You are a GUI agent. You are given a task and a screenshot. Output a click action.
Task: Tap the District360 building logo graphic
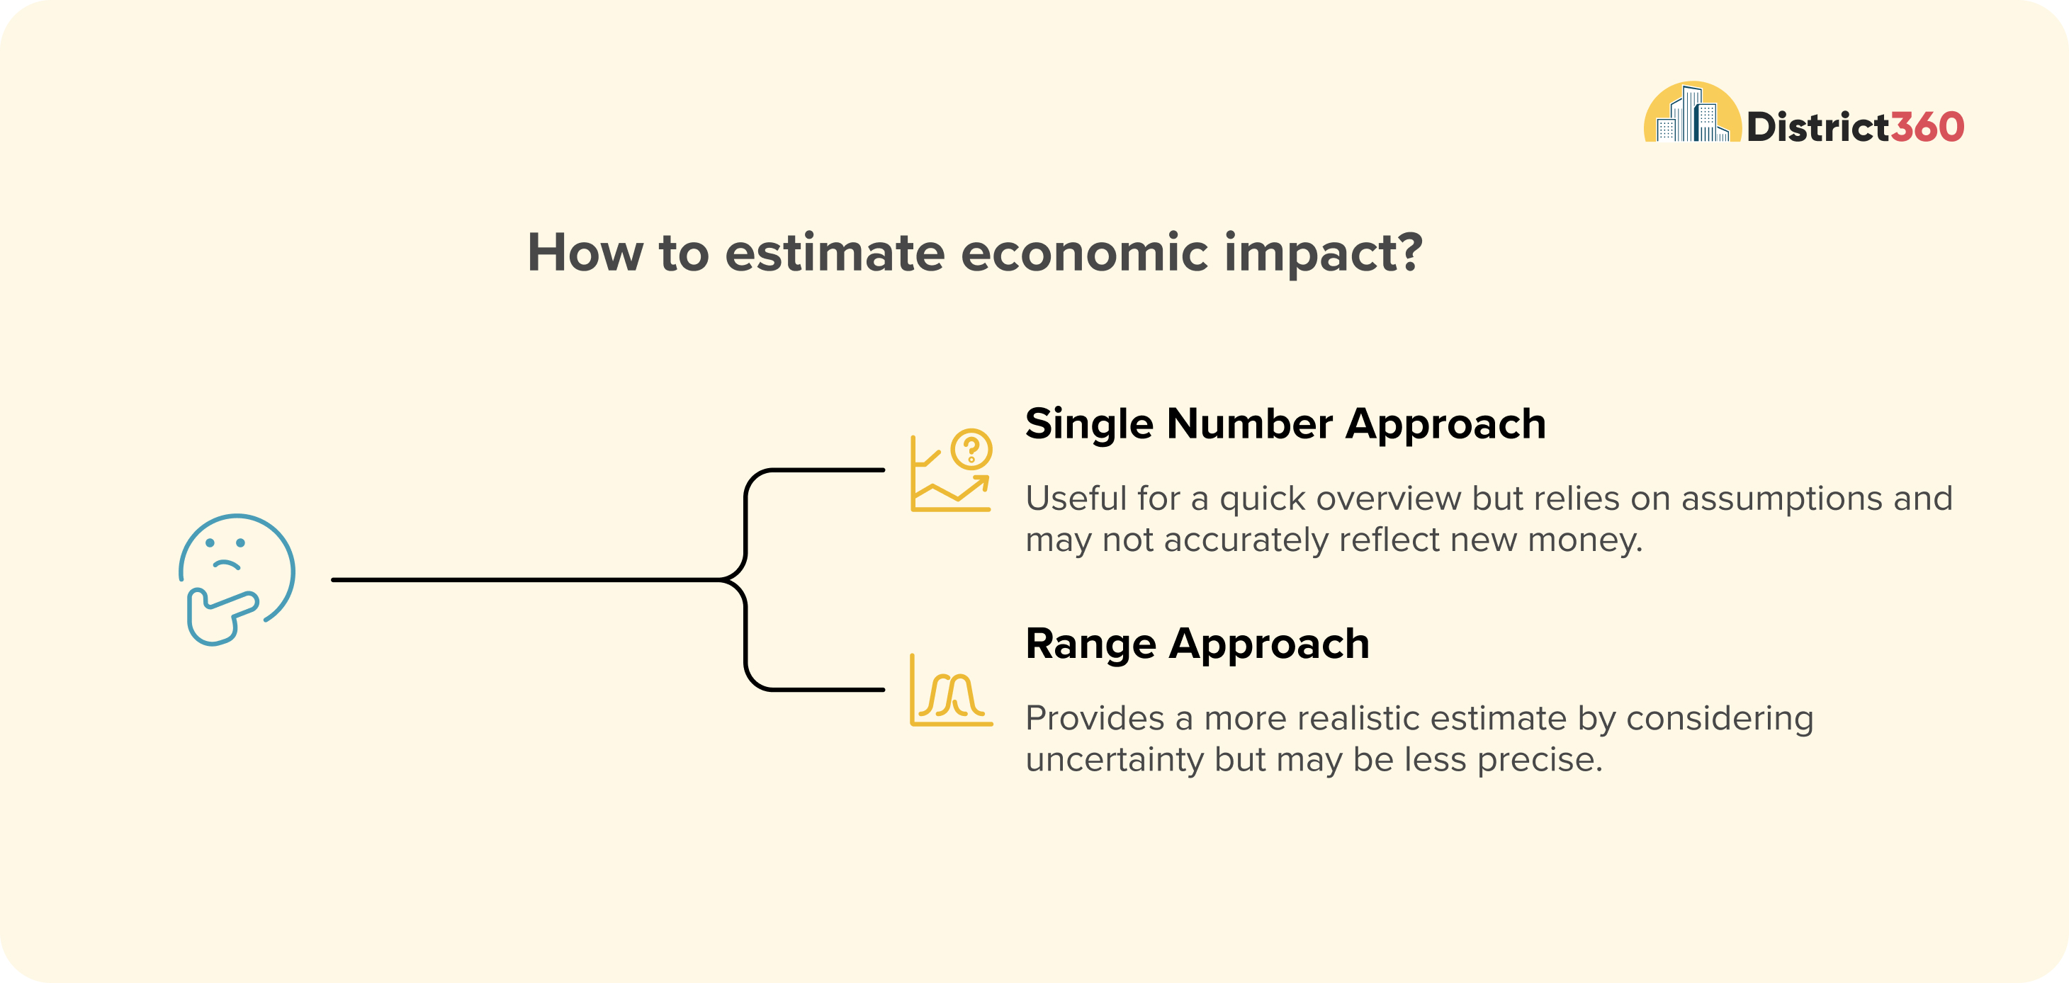pyautogui.click(x=1692, y=112)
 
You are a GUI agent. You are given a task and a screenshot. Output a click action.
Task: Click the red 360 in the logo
pyautogui.click(x=1927, y=127)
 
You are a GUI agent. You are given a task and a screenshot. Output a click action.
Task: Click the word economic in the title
pyautogui.click(x=1084, y=252)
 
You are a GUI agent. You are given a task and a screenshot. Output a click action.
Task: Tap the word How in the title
pyautogui.click(x=585, y=252)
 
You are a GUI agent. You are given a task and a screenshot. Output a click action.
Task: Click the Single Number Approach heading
pyautogui.click(x=1286, y=424)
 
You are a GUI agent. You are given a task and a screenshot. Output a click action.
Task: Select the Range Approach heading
pyautogui.click(x=1197, y=644)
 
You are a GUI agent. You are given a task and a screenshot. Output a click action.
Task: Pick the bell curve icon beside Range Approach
pyautogui.click(x=951, y=690)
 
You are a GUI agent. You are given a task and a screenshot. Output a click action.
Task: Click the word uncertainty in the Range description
pyautogui.click(x=1115, y=759)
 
